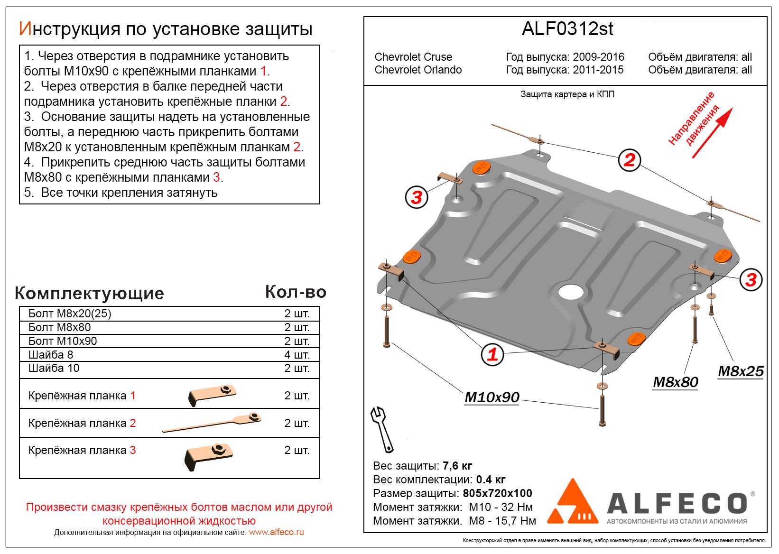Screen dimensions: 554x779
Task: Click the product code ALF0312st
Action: point(567,29)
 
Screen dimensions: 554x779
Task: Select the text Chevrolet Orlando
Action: point(418,70)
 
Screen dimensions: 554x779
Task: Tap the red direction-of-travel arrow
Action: point(712,133)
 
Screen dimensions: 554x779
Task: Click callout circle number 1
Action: point(492,354)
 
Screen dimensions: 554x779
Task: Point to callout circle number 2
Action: point(630,160)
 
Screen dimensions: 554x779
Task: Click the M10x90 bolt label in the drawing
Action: point(492,397)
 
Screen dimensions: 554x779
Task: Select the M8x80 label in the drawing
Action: point(676,382)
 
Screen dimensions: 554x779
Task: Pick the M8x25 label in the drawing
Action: point(741,371)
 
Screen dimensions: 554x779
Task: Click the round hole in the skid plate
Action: point(572,292)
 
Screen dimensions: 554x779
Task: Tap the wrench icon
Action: point(382,429)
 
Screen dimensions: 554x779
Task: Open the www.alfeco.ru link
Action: point(276,532)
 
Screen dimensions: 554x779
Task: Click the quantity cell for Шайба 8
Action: point(297,355)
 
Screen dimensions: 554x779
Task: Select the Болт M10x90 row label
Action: point(63,341)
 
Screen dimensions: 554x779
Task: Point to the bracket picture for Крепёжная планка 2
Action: point(212,422)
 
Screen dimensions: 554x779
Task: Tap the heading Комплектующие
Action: point(89,293)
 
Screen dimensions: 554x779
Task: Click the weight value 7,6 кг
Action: point(457,465)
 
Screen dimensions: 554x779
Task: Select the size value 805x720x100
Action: point(497,493)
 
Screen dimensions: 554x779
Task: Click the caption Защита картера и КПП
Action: point(567,94)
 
